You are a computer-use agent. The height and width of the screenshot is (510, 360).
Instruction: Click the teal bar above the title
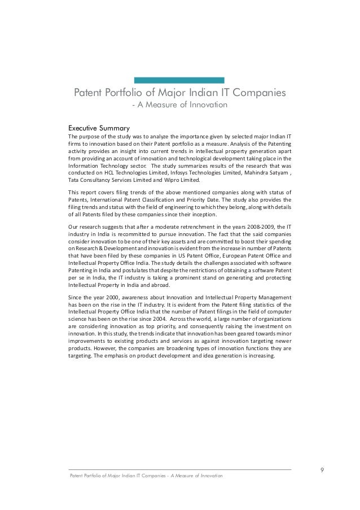click(180, 80)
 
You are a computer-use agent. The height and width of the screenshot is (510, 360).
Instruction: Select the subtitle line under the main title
click(179, 105)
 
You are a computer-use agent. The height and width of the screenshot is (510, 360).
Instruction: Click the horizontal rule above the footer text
click(179, 469)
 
